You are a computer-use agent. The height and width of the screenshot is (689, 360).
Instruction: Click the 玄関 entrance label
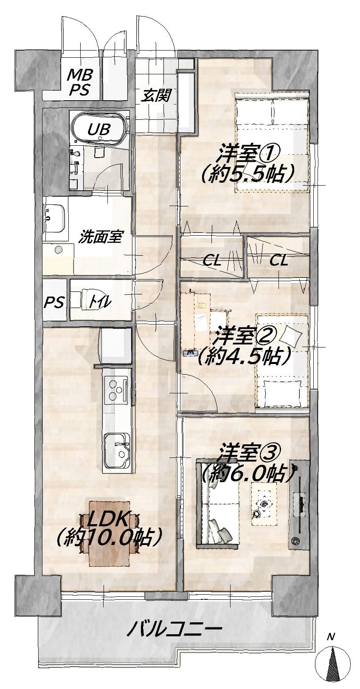155,96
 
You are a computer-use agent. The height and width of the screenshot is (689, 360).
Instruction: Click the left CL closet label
212,261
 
